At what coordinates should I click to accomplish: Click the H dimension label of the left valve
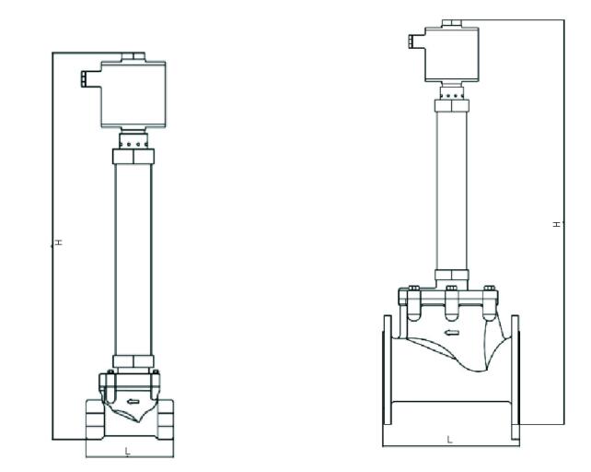click(x=57, y=242)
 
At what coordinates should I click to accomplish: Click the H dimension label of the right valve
click(x=555, y=224)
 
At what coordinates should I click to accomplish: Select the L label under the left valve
click(x=127, y=450)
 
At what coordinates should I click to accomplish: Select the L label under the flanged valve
click(x=449, y=440)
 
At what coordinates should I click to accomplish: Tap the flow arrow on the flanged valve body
click(x=450, y=333)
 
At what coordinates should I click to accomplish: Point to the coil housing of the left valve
click(x=131, y=95)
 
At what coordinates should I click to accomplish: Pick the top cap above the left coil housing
click(x=132, y=57)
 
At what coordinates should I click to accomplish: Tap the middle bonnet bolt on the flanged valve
click(x=450, y=295)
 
